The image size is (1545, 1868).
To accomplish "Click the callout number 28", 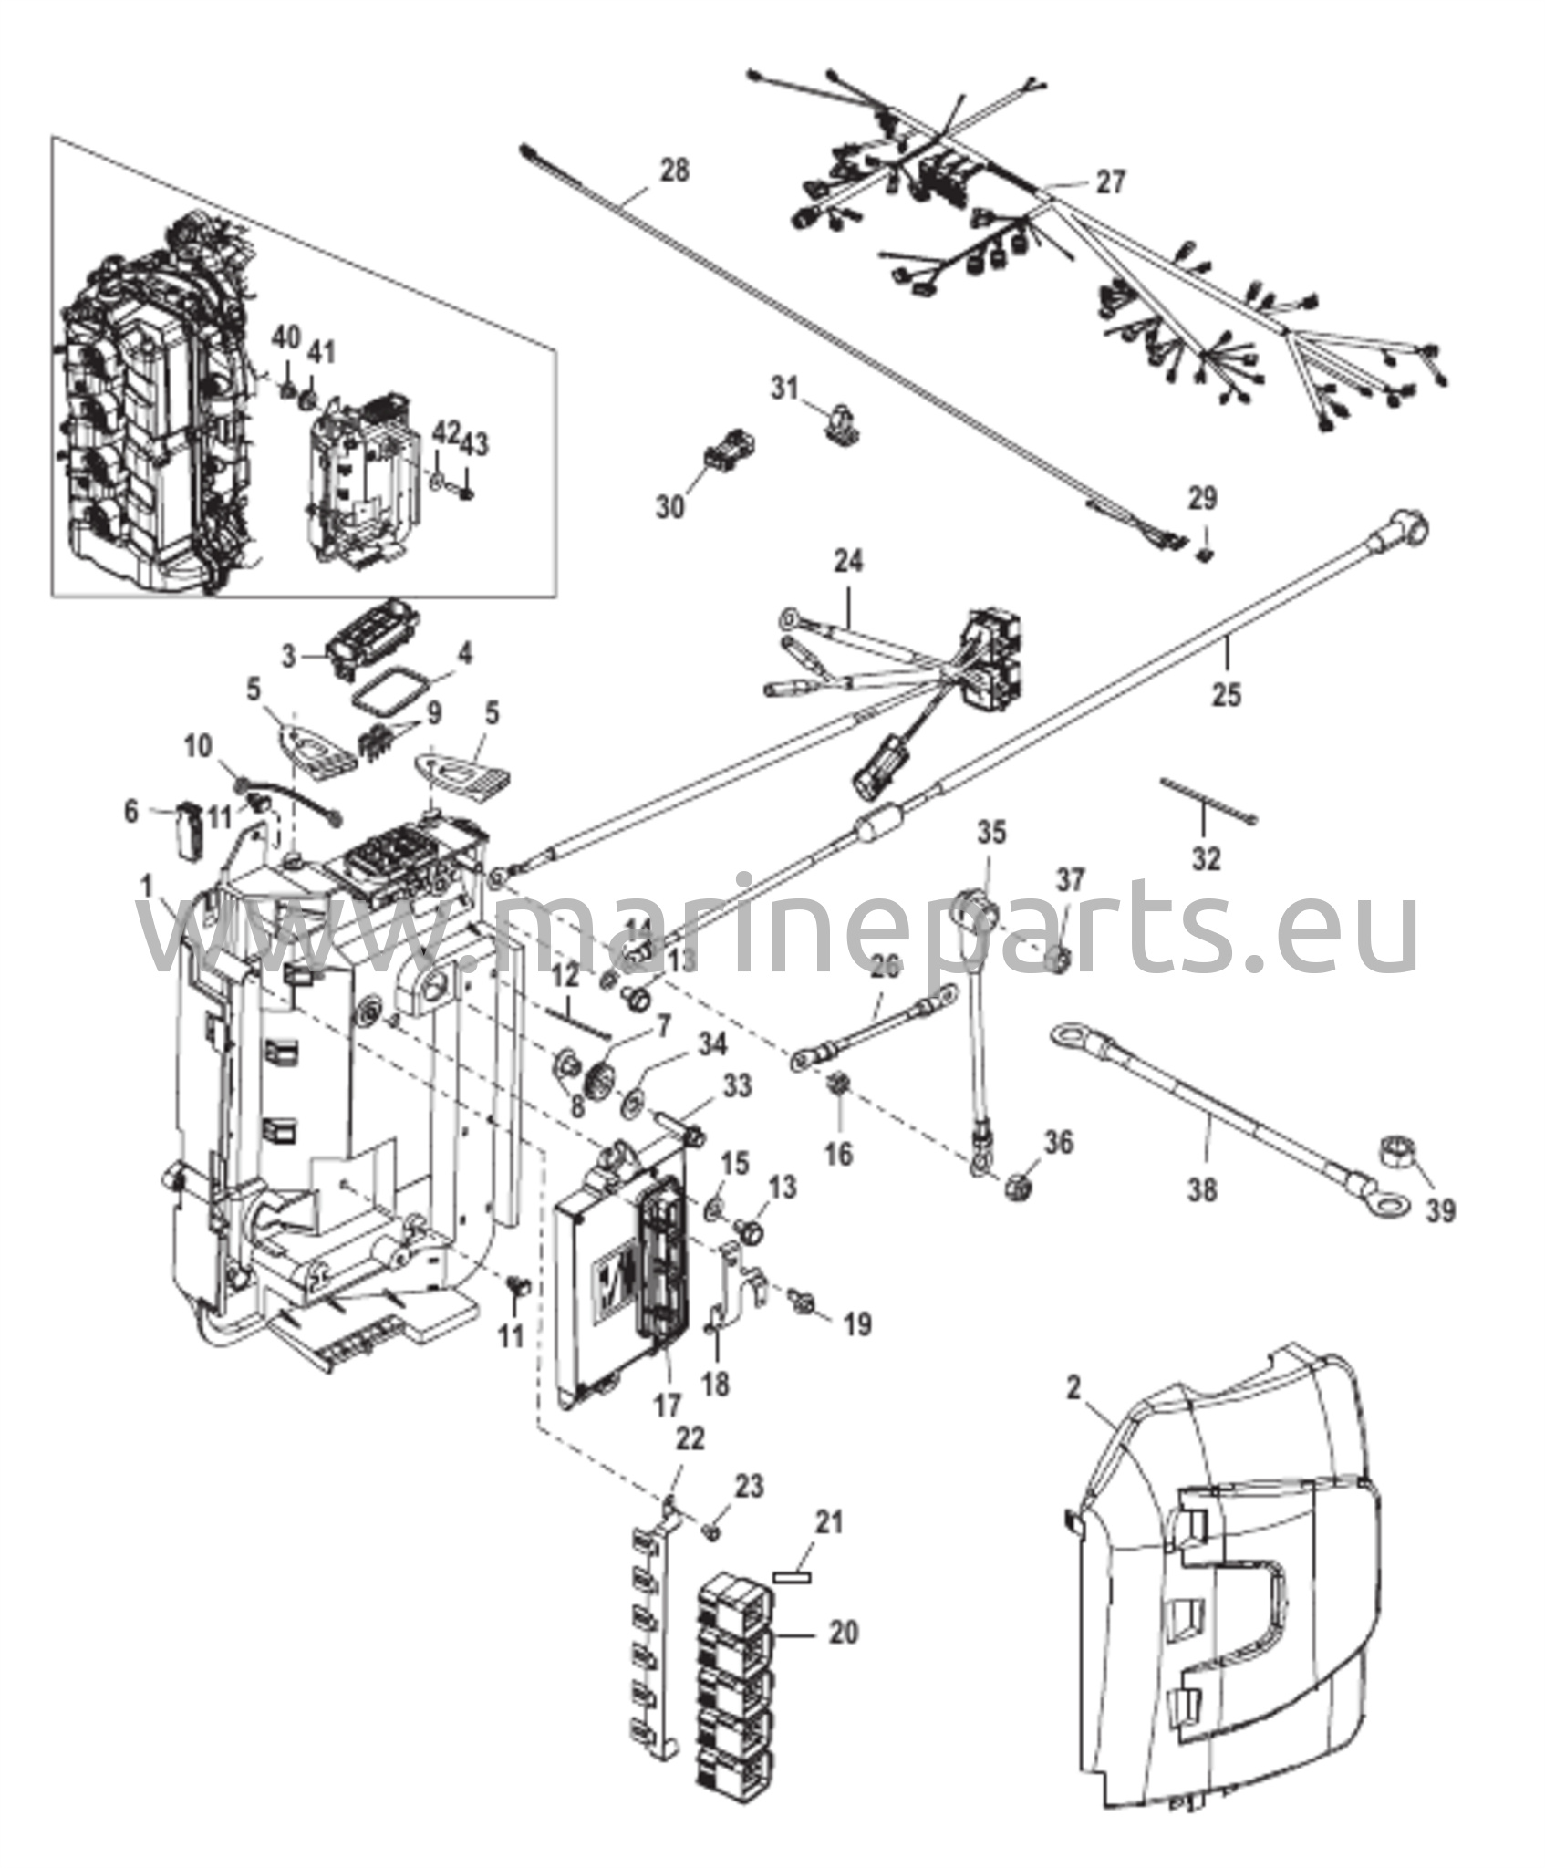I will tap(675, 171).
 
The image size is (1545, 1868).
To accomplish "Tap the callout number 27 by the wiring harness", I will tap(1111, 182).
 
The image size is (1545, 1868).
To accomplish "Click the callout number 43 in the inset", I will tap(475, 445).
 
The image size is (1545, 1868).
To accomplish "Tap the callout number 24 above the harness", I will tap(847, 560).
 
